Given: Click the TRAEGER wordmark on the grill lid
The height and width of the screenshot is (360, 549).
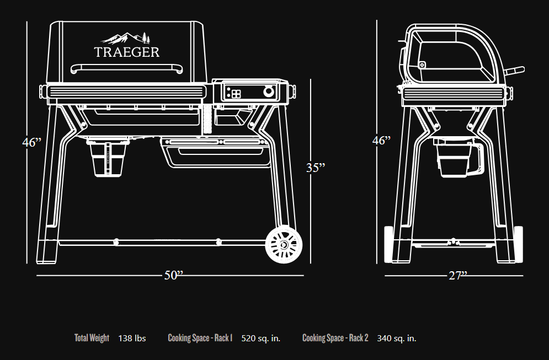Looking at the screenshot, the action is click(127, 52).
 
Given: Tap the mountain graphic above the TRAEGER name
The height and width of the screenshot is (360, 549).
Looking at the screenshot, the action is click(125, 38).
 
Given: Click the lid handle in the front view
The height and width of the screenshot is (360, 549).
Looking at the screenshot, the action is click(127, 68).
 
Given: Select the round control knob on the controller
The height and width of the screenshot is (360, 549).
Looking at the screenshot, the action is click(269, 92).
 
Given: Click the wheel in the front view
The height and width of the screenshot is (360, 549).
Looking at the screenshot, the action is click(284, 245).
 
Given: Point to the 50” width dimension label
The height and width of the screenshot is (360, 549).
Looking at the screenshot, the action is click(174, 275).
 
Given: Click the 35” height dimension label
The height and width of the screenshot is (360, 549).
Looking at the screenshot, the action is click(316, 168).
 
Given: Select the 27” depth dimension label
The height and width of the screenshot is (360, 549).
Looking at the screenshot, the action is click(458, 276).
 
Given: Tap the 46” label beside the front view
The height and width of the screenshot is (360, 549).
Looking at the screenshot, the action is click(31, 142).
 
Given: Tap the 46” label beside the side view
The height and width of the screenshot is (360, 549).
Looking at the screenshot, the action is click(381, 140).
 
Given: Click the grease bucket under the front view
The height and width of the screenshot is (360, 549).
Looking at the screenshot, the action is click(108, 158).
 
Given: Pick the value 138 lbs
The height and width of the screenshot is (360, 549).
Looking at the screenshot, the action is click(132, 338).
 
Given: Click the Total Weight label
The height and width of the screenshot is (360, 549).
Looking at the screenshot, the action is click(92, 338).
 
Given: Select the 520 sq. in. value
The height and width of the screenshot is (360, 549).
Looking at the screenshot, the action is click(261, 338).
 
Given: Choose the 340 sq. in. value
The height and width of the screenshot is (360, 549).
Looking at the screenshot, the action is click(397, 338).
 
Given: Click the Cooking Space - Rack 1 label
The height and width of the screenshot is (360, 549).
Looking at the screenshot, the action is click(200, 338).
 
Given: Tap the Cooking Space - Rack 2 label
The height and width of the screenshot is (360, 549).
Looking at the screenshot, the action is click(335, 338).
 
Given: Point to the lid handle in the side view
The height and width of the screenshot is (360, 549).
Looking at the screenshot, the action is click(514, 71).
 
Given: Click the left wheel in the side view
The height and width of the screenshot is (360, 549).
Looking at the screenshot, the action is click(388, 244).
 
